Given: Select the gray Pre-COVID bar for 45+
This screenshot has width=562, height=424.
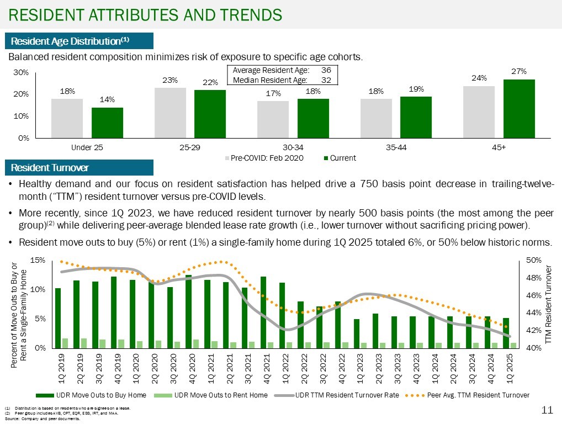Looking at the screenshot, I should pos(479,112).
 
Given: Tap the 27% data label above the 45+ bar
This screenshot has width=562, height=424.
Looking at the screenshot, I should pos(519,72).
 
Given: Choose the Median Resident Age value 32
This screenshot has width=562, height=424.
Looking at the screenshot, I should pos(326,80).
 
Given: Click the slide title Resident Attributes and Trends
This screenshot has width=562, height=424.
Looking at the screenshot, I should pos(145,14).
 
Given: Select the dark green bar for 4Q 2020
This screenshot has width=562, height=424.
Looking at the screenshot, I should pos(188,311).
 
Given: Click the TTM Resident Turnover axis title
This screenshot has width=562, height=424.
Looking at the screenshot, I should pos(548,304).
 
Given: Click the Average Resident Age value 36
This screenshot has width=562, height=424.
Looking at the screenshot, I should pos(326,71).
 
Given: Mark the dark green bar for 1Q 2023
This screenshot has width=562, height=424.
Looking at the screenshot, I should pos(357,333).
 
